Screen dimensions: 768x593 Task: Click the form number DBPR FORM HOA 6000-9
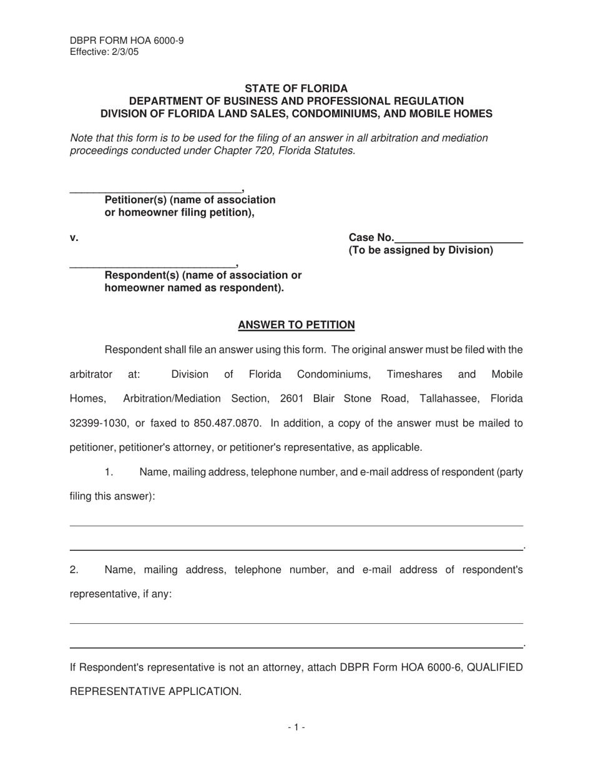(127, 41)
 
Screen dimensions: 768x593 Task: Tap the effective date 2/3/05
(125, 52)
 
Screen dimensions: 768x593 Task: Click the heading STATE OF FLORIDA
(296, 89)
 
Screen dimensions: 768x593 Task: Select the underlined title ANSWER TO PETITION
(296, 325)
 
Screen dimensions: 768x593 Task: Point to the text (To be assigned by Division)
(421, 250)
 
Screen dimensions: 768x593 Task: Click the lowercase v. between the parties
(74, 237)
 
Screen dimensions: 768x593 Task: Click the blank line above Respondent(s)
(152, 265)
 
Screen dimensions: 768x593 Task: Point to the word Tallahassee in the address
(449, 398)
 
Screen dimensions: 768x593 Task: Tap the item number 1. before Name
(109, 472)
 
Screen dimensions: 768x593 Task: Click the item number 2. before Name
(74, 569)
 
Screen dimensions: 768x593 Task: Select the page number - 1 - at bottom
(296, 727)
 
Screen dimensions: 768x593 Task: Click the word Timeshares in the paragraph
(414, 375)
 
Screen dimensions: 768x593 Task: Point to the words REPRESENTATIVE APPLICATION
(155, 692)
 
